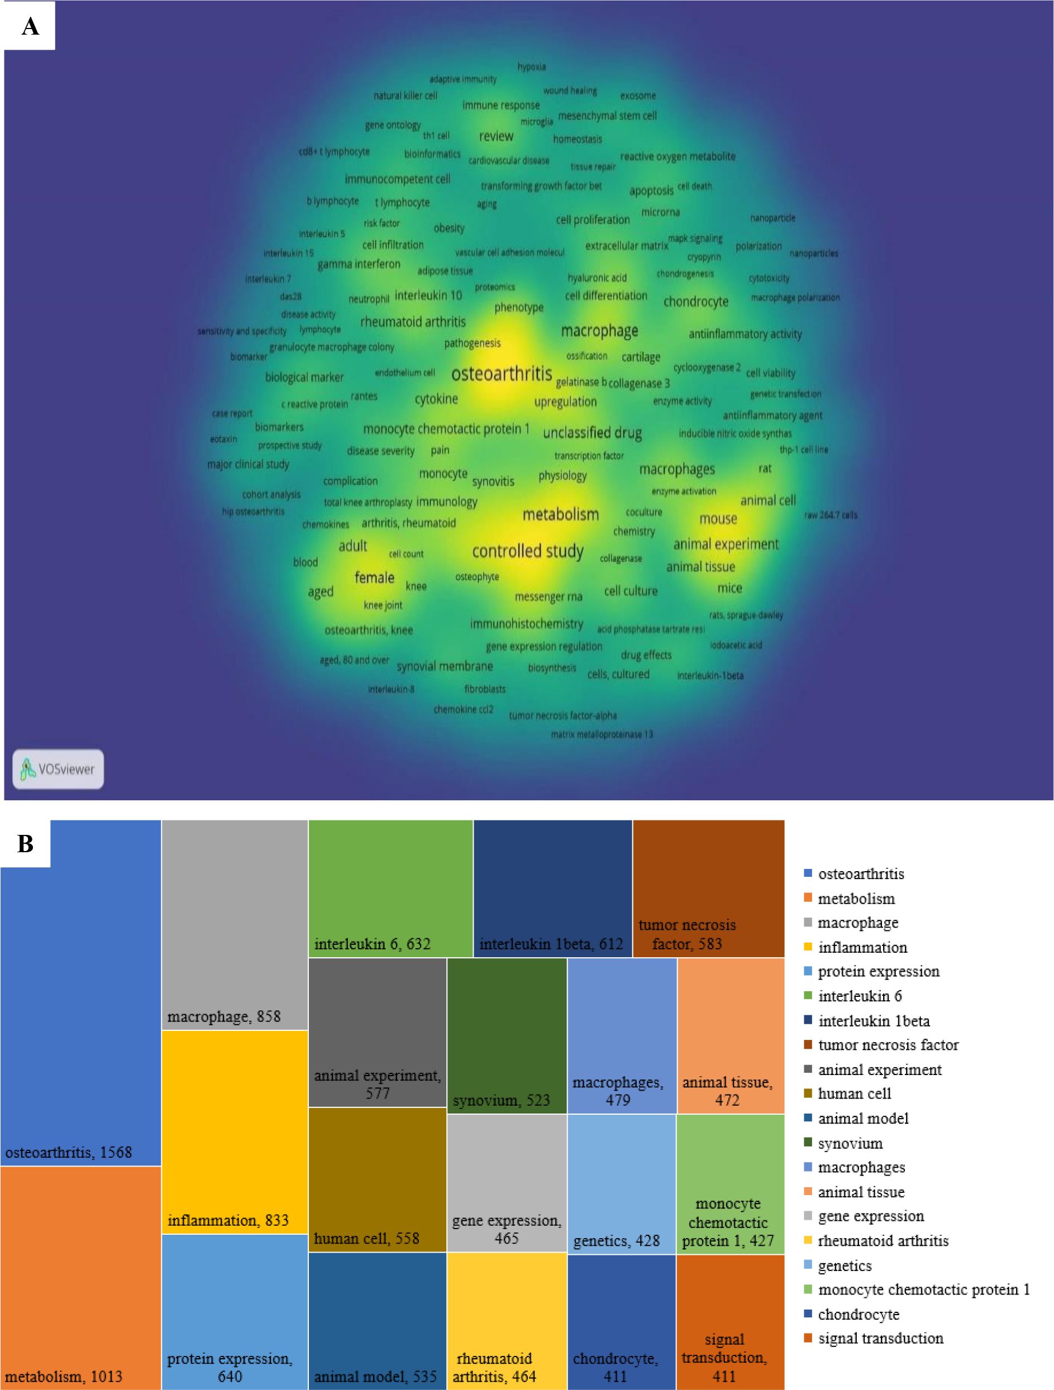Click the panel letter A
(x=30, y=26)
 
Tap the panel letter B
(x=25, y=844)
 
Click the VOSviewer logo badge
(x=58, y=768)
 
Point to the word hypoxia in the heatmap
(x=532, y=66)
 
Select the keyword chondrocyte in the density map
(x=696, y=302)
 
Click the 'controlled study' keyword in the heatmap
(x=528, y=551)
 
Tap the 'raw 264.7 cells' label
(x=830, y=515)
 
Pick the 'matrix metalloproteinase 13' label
(x=602, y=734)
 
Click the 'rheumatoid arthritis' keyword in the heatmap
(x=413, y=322)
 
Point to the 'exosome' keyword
(x=638, y=95)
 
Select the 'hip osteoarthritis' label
(x=252, y=512)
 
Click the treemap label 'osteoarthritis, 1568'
(x=69, y=1152)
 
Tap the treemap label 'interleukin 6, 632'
(x=372, y=943)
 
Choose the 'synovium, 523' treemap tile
(x=501, y=1100)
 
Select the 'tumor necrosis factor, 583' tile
(x=687, y=934)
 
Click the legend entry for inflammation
(x=862, y=947)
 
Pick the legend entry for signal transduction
(x=880, y=1338)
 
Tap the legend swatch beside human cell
(x=808, y=1094)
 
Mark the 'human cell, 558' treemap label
(x=366, y=1239)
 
